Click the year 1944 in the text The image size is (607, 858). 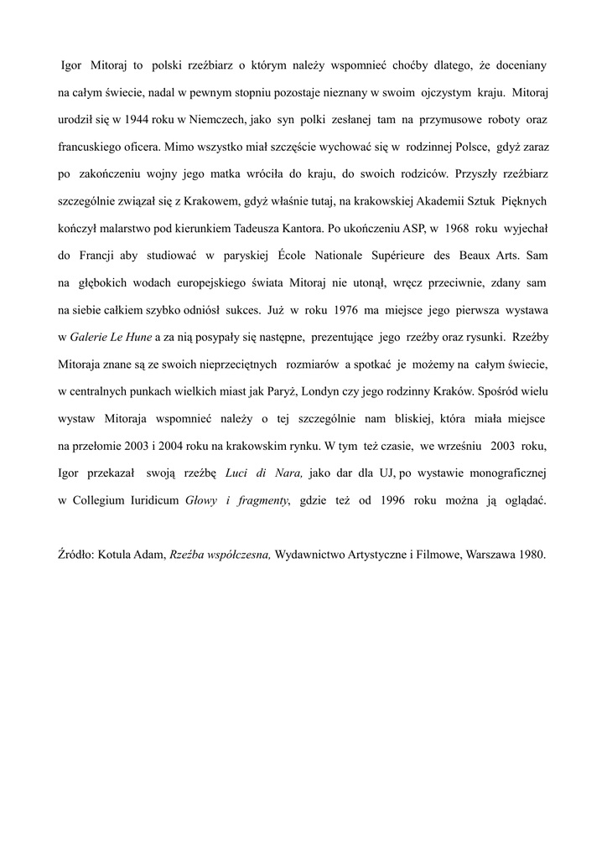tap(138, 118)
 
